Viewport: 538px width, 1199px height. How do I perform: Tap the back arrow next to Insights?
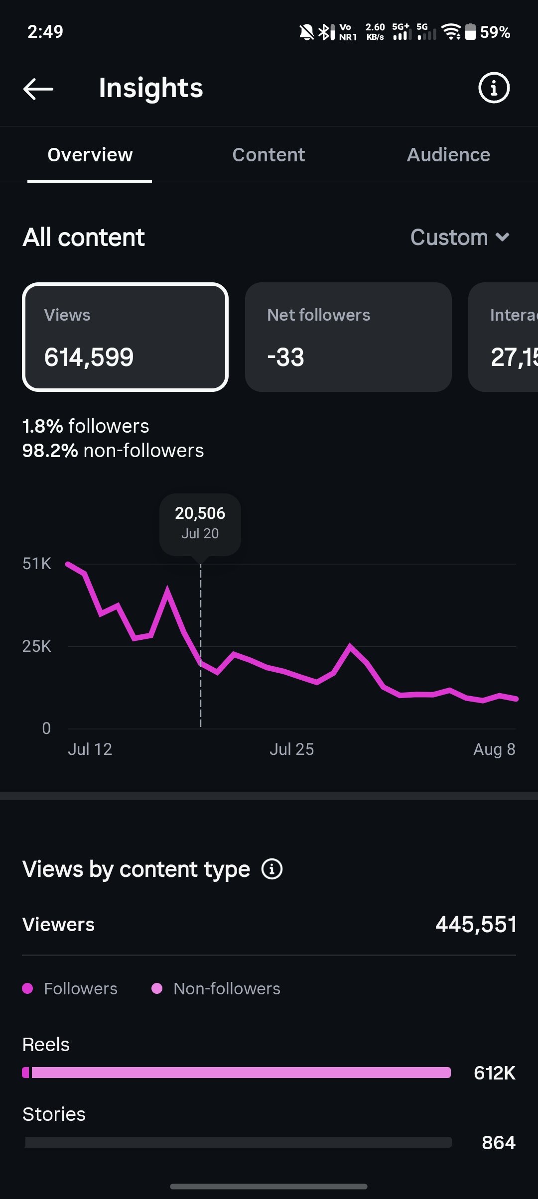pos(38,89)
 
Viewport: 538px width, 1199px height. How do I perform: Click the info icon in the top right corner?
pos(494,88)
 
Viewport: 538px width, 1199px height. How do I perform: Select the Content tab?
pos(269,155)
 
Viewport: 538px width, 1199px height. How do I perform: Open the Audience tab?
pos(448,155)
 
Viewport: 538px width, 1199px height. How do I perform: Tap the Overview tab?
pos(90,155)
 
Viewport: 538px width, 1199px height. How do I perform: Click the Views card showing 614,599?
pos(125,337)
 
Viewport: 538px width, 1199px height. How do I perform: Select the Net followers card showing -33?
pos(348,337)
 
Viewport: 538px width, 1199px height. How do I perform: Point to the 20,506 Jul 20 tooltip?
pos(200,524)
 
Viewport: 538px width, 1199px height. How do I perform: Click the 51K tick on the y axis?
pos(37,564)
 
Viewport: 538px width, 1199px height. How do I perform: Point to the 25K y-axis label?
pos(37,646)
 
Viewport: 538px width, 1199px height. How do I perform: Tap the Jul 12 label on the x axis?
pos(90,749)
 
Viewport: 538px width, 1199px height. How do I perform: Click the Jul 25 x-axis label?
pos(292,749)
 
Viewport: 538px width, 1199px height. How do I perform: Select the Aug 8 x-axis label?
pos(494,749)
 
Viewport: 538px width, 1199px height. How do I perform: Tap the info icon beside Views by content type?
pos(272,869)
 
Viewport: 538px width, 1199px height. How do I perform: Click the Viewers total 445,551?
pos(476,925)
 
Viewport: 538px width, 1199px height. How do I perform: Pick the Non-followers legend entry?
pos(216,988)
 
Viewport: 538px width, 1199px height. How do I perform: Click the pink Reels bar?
pos(237,1073)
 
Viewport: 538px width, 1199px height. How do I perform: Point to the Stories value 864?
pos(499,1143)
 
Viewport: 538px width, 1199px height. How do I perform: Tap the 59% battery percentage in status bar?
pos(495,32)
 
